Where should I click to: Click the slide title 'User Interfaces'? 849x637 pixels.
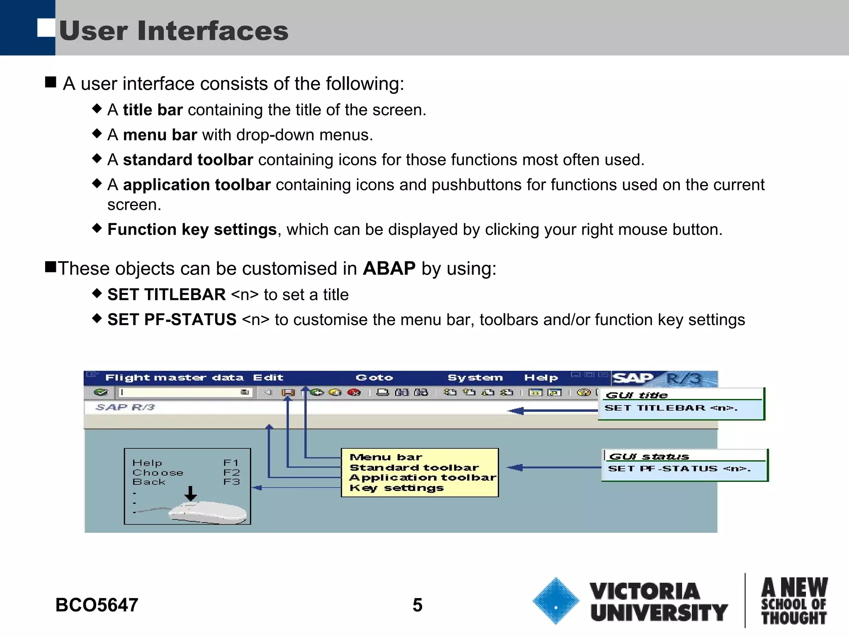pyautogui.click(x=174, y=31)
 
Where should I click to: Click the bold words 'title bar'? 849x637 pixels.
pyautogui.click(x=153, y=110)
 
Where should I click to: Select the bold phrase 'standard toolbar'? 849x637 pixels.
pyautogui.click(x=188, y=160)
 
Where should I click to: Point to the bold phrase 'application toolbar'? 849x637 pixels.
pyautogui.click(x=197, y=185)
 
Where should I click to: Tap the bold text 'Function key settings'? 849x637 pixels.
pyautogui.click(x=192, y=229)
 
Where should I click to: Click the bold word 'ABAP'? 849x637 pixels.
pyautogui.click(x=389, y=268)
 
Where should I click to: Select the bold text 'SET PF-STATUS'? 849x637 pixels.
pyautogui.click(x=172, y=320)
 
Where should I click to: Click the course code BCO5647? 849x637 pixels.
pyautogui.click(x=97, y=605)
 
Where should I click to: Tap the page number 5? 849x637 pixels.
pyautogui.click(x=417, y=605)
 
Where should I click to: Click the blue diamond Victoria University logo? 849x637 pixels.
pyautogui.click(x=555, y=601)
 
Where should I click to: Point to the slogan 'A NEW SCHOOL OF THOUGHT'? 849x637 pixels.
pyautogui.click(x=794, y=601)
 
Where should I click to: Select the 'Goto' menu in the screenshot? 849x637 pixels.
pyautogui.click(x=374, y=378)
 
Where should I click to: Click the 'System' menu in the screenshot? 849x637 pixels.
pyautogui.click(x=475, y=378)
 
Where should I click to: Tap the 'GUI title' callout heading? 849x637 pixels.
pyautogui.click(x=637, y=395)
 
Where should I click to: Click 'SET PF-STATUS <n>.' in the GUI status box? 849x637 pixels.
pyautogui.click(x=679, y=469)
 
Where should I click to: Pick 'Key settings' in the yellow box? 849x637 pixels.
pyautogui.click(x=396, y=488)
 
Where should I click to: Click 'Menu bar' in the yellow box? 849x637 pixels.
pyautogui.click(x=386, y=457)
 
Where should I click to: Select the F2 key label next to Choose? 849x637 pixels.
pyautogui.click(x=231, y=472)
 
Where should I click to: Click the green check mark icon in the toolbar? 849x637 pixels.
pyautogui.click(x=101, y=392)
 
